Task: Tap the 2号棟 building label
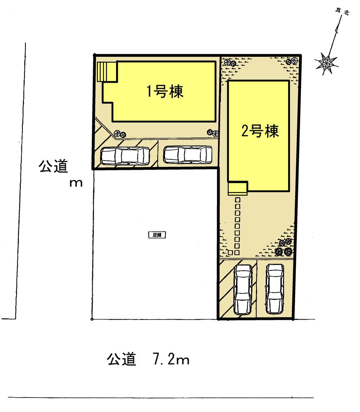point(260,132)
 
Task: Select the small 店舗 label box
point(157,235)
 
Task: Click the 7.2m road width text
point(168,359)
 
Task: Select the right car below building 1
point(188,154)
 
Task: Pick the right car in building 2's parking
point(275,289)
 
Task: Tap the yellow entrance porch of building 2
point(237,189)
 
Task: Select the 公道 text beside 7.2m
point(121,359)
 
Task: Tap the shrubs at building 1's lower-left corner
point(119,134)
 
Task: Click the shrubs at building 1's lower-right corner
point(213,132)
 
